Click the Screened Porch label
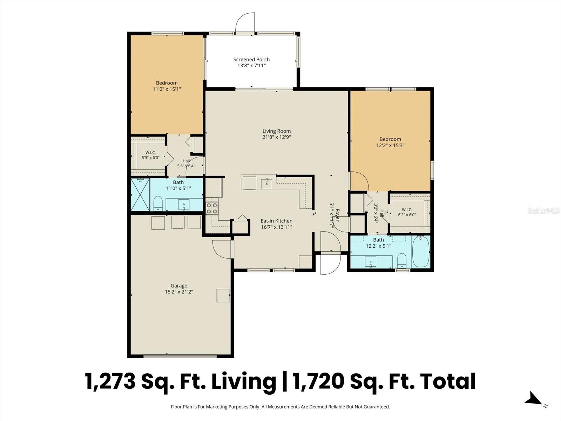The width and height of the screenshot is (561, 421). (x=251, y=60)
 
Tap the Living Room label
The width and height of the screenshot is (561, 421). (x=277, y=131)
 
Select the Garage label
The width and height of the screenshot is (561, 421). (x=179, y=286)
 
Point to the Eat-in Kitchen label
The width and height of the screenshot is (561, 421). (x=277, y=221)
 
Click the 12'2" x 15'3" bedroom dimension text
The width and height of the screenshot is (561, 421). (x=390, y=146)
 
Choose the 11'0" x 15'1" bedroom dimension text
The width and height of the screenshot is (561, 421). (x=167, y=89)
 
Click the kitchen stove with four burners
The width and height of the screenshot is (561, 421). (x=212, y=208)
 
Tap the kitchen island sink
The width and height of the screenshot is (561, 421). (x=266, y=184)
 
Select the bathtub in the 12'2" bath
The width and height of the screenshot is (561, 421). (x=421, y=252)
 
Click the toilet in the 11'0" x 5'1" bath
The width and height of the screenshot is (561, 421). (x=158, y=203)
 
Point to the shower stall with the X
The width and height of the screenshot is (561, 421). (x=140, y=195)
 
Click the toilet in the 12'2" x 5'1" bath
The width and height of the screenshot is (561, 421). (x=402, y=261)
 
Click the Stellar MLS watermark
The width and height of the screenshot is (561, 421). (x=543, y=211)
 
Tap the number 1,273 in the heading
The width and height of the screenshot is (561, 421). (x=110, y=381)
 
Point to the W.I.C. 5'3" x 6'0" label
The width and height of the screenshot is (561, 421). (x=150, y=155)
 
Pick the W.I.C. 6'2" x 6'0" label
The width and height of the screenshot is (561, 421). (x=407, y=212)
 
